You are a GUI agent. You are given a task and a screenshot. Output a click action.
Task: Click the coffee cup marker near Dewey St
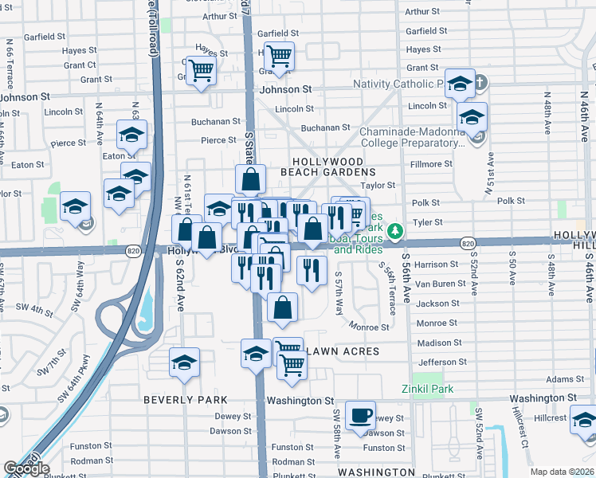click(361, 415)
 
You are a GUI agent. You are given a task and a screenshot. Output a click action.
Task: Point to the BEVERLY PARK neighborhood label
click(186, 400)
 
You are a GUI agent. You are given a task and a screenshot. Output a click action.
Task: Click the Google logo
click(25, 468)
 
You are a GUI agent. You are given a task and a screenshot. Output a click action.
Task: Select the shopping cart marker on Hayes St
click(279, 56)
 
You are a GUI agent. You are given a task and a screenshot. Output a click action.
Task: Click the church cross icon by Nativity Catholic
click(480, 82)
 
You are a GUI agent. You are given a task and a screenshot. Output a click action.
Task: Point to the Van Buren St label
click(440, 284)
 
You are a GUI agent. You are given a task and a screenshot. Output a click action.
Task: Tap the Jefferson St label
click(441, 362)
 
